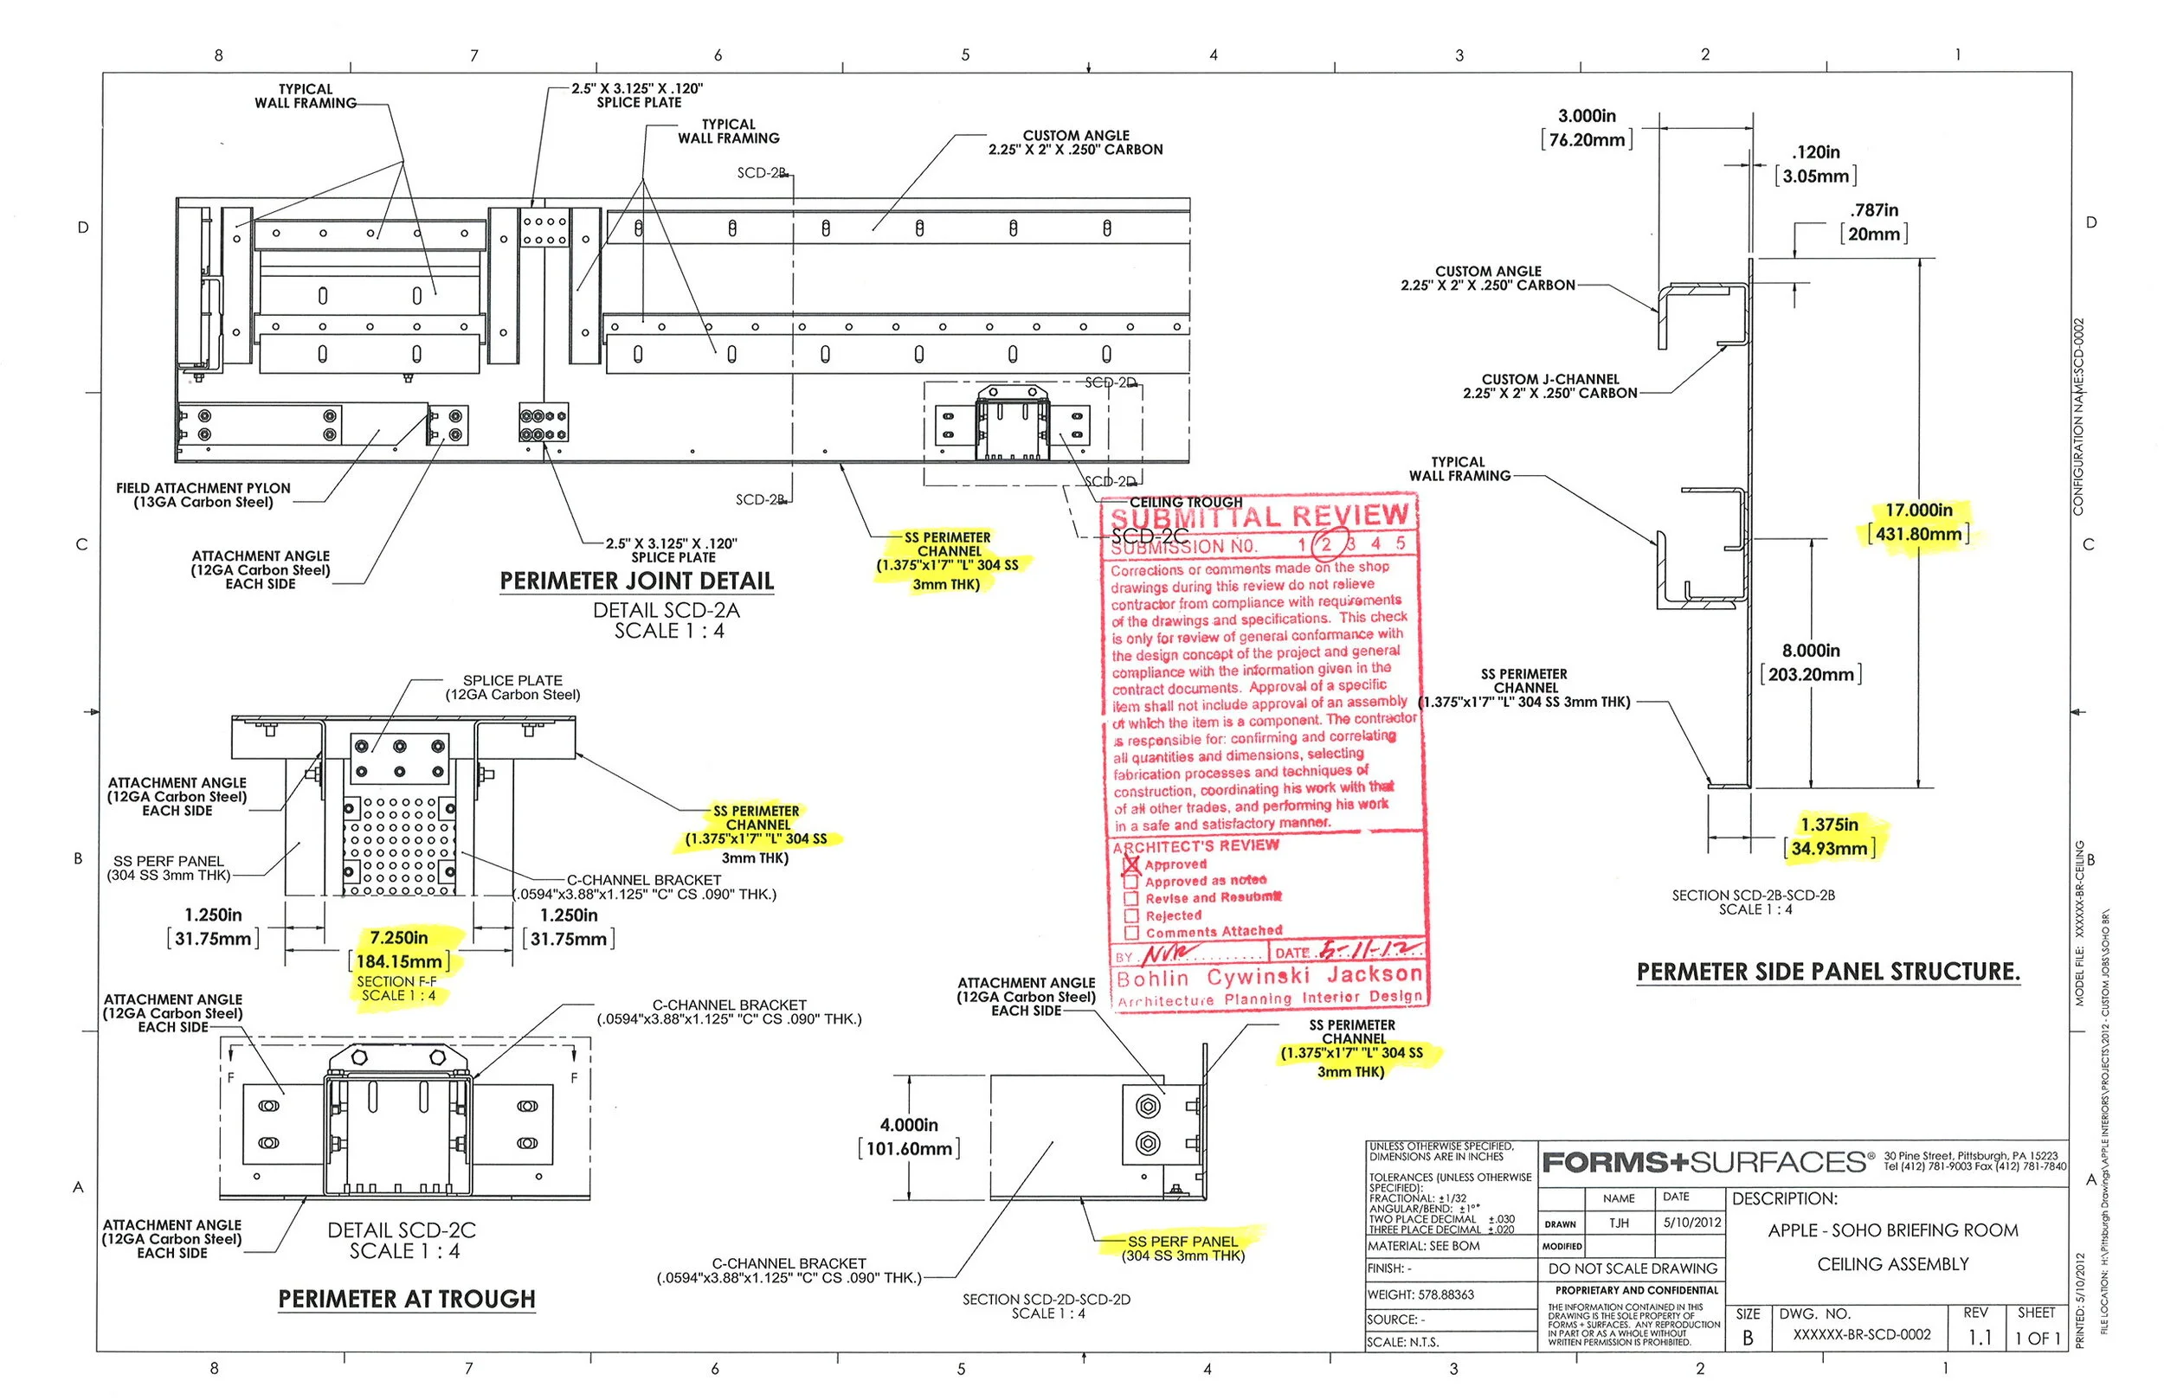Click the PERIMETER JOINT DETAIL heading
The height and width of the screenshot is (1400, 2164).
coord(636,581)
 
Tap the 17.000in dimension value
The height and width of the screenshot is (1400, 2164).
coord(1918,511)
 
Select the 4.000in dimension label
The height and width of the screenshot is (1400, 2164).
coord(908,1126)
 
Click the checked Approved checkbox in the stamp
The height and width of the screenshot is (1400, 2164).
coord(1131,864)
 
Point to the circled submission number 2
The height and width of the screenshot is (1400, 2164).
coord(1328,543)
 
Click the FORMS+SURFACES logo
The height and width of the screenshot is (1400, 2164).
coord(1706,1163)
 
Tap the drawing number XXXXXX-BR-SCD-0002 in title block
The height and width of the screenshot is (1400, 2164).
coord(1861,1334)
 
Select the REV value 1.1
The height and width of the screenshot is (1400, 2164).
coord(1980,1338)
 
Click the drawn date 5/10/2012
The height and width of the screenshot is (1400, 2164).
coord(1692,1223)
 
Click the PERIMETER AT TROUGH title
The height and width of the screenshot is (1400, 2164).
coord(407,1299)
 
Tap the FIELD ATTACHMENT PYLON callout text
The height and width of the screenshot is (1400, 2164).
coord(203,495)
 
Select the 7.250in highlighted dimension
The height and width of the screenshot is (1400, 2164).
coord(399,937)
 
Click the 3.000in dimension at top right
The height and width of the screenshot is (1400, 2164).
coord(1587,116)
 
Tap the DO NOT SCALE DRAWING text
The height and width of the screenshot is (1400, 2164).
coord(1633,1268)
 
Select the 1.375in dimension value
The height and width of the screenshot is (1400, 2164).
coord(1829,825)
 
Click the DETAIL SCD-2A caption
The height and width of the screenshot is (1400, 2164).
coord(666,610)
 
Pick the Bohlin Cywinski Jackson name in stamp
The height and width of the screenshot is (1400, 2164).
coord(1268,977)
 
